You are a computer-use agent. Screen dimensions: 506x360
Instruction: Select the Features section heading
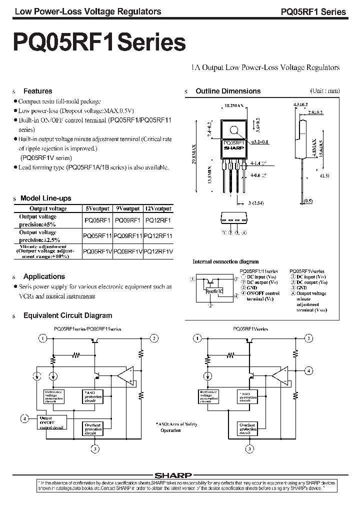pyautogui.click(x=37, y=91)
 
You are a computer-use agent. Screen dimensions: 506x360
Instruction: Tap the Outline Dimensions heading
pyautogui.click(x=227, y=91)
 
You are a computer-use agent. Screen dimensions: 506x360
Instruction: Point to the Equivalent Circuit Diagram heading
pyautogui.click(x=67, y=315)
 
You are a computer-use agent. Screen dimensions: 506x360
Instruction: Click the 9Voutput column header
pyautogui.click(x=128, y=208)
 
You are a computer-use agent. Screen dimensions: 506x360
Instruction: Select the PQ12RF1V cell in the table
pyautogui.click(x=157, y=251)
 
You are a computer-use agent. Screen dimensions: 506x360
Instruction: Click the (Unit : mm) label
pyautogui.click(x=324, y=90)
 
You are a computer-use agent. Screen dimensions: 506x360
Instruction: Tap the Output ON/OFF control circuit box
pyautogui.click(x=52, y=422)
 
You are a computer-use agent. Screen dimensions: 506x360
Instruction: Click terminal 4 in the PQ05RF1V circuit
pyautogui.click(x=309, y=370)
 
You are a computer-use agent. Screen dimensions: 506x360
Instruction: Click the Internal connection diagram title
pyautogui.click(x=225, y=261)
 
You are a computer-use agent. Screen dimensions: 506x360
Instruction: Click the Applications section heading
pyautogui.click(x=44, y=276)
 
